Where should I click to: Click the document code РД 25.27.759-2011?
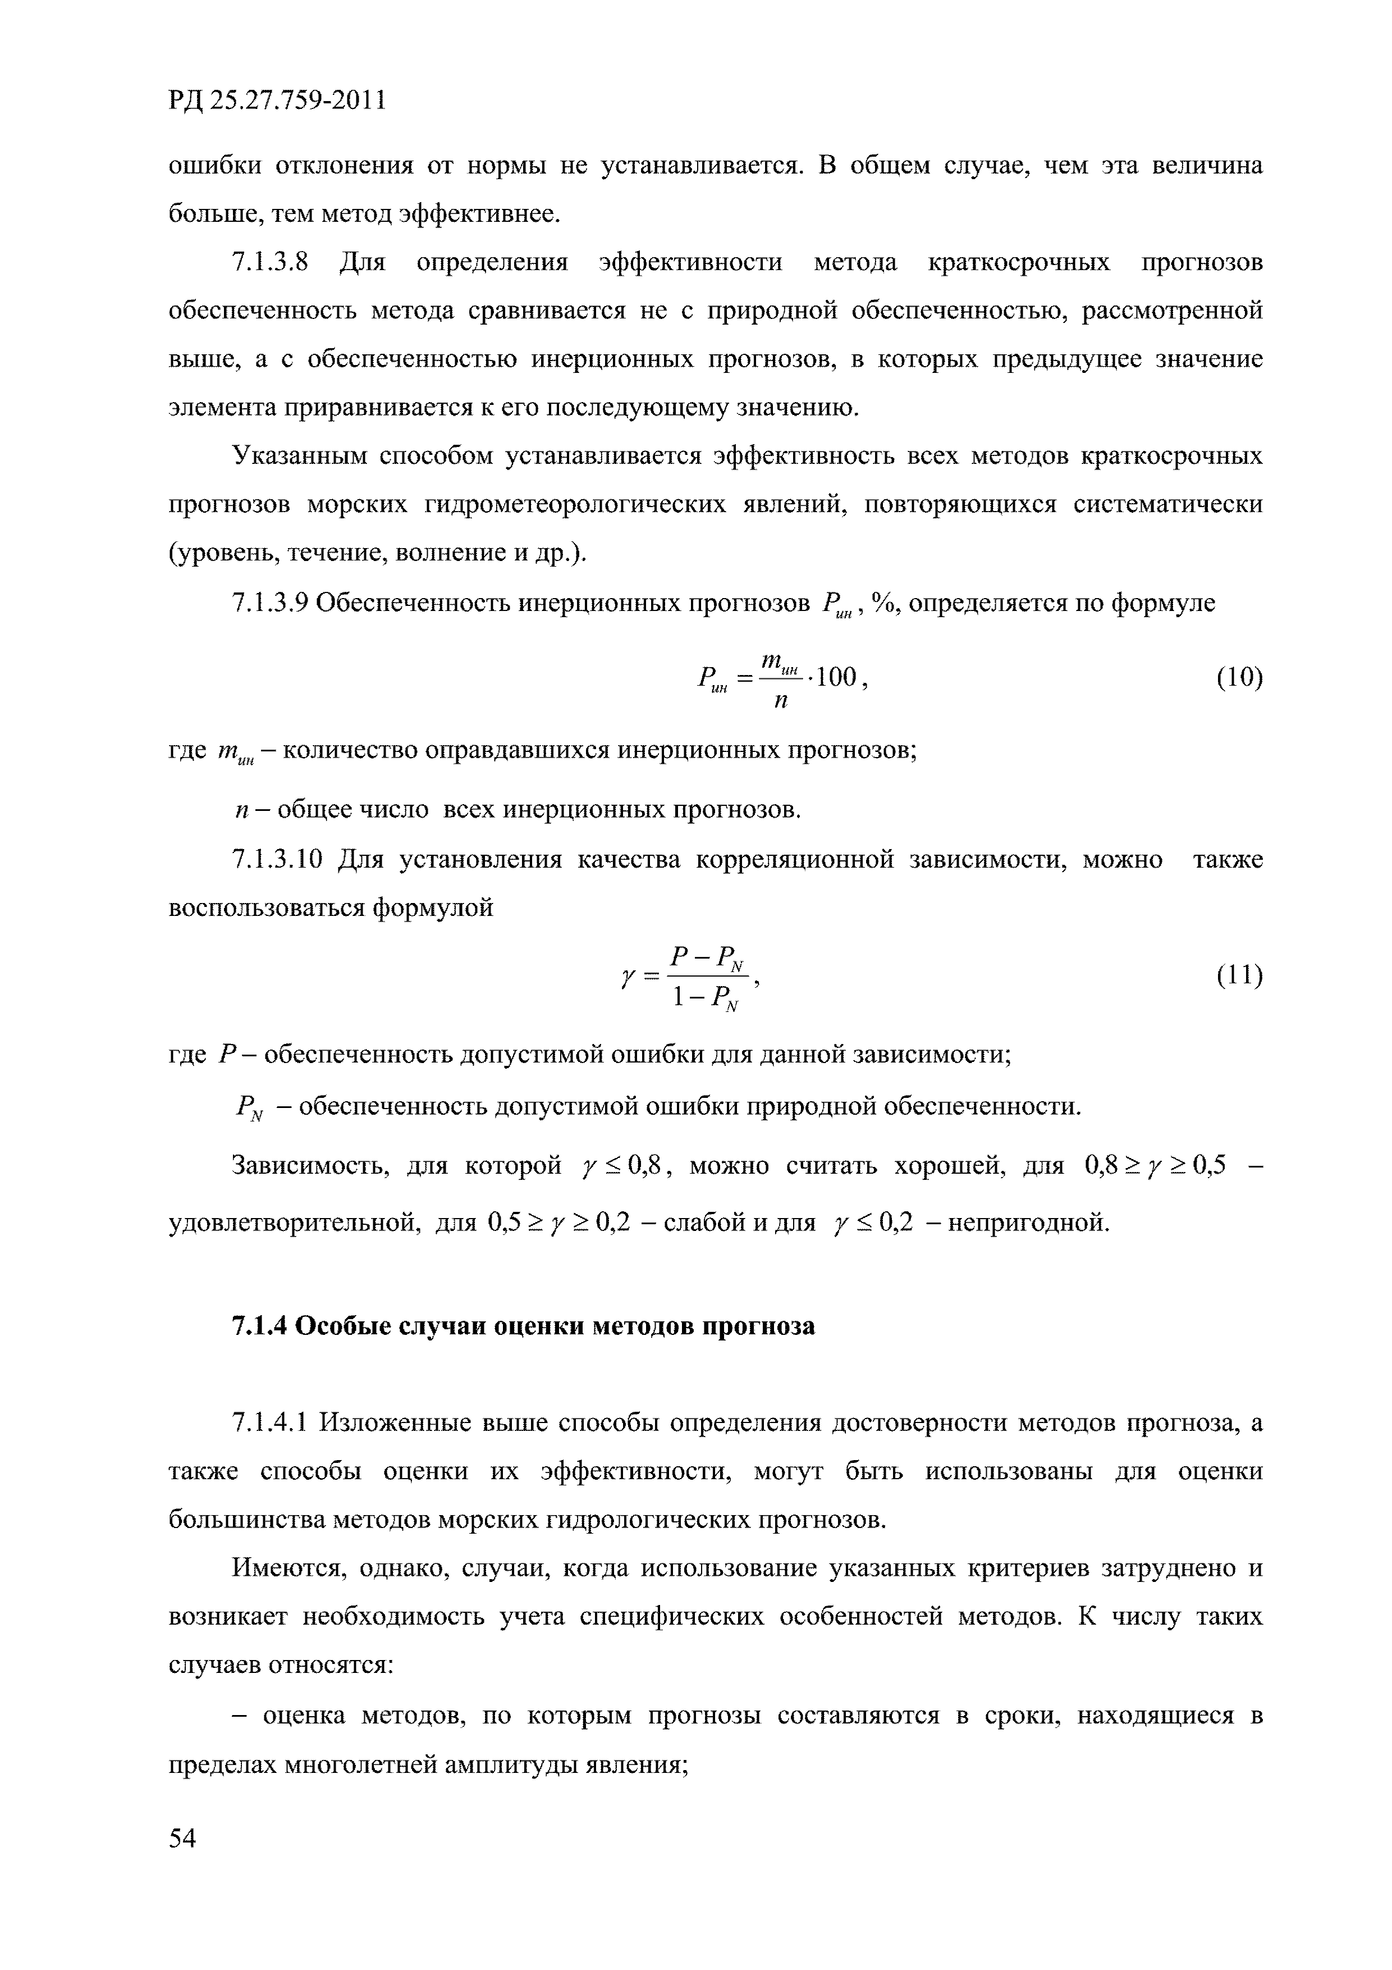pyautogui.click(x=277, y=101)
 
